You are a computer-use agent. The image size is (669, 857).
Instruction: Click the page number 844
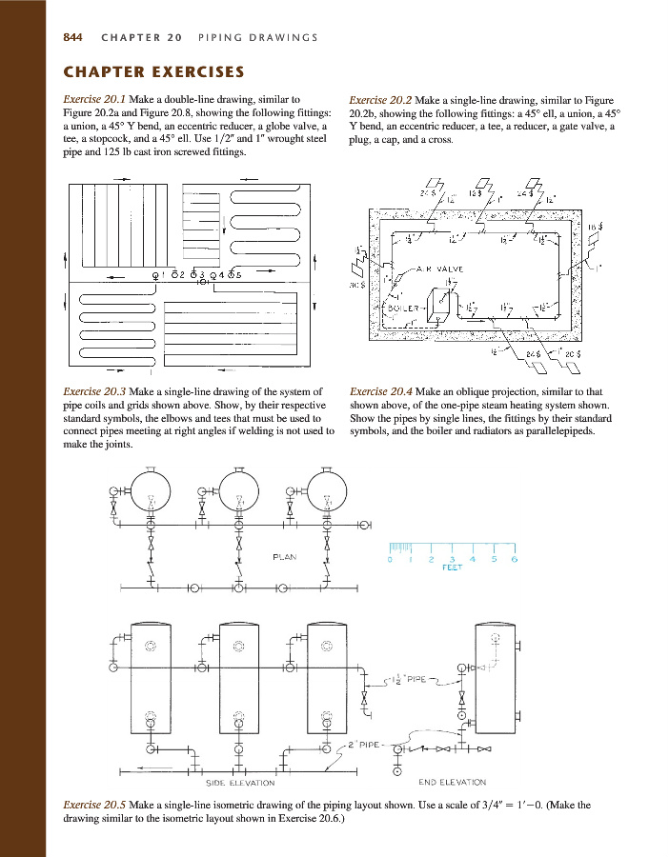pos(72,37)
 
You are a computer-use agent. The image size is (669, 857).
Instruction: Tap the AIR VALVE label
pos(439,269)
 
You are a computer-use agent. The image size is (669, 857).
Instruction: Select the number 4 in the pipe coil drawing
pos(221,274)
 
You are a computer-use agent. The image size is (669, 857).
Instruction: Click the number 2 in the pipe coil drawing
pos(182,274)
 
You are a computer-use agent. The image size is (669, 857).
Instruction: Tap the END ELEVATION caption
pos(453,783)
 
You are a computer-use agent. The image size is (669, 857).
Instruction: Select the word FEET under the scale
pos(452,568)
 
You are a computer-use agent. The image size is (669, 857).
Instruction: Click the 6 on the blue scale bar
pos(514,560)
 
